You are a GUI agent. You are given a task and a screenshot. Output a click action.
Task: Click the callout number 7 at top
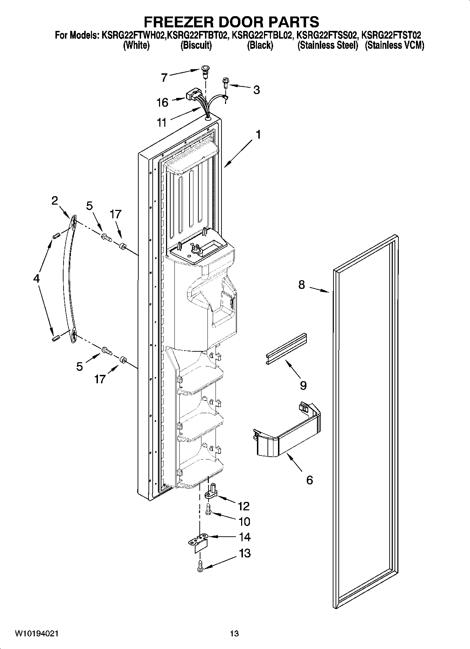click(x=164, y=77)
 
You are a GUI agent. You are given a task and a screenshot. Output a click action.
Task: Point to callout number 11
click(x=161, y=122)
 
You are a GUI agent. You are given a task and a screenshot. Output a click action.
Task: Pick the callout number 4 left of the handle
click(x=37, y=279)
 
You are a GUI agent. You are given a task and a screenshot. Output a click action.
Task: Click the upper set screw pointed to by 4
click(x=55, y=238)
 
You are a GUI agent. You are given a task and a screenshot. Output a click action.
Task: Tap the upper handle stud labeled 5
click(x=106, y=238)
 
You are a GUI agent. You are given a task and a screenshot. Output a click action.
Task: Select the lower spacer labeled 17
click(x=123, y=360)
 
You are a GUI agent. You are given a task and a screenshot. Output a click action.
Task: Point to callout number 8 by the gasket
click(x=302, y=285)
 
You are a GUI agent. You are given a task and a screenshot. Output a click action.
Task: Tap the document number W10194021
click(x=37, y=633)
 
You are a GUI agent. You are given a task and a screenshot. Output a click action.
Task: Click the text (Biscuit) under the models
click(x=196, y=46)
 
